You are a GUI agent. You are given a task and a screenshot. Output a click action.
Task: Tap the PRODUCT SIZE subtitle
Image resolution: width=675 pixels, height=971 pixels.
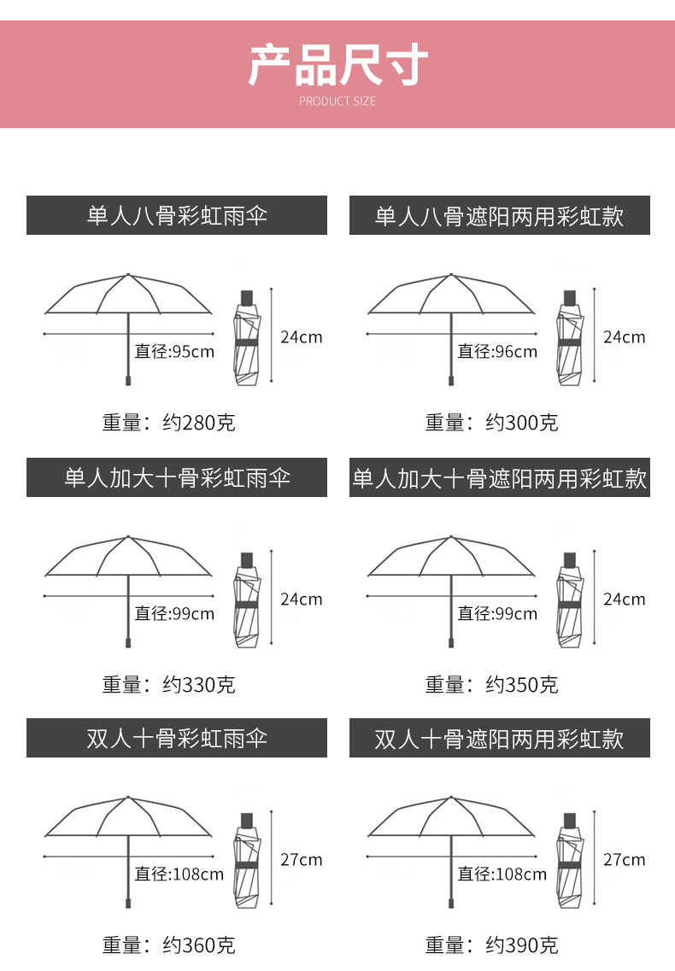pyautogui.click(x=337, y=102)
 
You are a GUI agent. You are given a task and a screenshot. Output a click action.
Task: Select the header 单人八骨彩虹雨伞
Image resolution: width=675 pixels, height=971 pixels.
pyautogui.click(x=177, y=215)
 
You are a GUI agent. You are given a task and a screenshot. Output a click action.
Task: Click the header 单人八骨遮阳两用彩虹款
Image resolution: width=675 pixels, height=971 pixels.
pyautogui.click(x=500, y=215)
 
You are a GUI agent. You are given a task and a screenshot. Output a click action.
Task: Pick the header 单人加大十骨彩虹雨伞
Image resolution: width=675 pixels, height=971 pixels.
pyautogui.click(x=177, y=477)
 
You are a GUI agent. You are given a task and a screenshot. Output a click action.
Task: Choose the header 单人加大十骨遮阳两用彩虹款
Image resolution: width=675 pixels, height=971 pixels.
pyautogui.click(x=500, y=477)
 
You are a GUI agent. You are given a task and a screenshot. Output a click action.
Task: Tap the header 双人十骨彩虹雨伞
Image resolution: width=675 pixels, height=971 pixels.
pyautogui.click(x=177, y=738)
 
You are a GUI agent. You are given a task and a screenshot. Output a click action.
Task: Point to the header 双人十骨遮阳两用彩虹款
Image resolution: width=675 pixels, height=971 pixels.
pyautogui.click(x=500, y=738)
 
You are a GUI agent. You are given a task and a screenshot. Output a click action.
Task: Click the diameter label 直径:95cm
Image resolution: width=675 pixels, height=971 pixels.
pyautogui.click(x=174, y=351)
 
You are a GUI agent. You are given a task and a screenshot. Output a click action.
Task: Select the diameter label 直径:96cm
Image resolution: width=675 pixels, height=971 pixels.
pyautogui.click(x=497, y=351)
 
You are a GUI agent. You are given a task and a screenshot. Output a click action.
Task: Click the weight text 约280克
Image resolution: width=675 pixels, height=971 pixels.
pyautogui.click(x=198, y=422)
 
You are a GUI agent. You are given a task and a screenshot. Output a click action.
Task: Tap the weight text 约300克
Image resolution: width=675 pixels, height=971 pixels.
pyautogui.click(x=521, y=422)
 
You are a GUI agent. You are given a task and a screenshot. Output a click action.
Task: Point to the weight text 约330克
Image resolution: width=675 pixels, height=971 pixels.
pyautogui.click(x=198, y=684)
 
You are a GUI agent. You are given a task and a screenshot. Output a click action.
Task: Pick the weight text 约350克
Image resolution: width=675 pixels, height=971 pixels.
pyautogui.click(x=521, y=684)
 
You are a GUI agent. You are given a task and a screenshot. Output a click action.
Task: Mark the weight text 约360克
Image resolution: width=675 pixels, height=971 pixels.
pyautogui.click(x=198, y=945)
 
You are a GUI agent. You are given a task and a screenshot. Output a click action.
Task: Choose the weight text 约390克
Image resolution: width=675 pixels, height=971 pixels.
pyautogui.click(x=521, y=945)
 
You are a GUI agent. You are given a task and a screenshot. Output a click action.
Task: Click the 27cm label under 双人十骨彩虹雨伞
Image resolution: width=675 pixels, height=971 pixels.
pyautogui.click(x=302, y=860)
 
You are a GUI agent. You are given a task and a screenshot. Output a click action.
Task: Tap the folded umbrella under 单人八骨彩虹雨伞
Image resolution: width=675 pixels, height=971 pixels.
pyautogui.click(x=247, y=336)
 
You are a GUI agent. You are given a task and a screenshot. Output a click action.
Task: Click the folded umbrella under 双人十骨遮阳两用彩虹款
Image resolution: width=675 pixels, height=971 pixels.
pyautogui.click(x=570, y=859)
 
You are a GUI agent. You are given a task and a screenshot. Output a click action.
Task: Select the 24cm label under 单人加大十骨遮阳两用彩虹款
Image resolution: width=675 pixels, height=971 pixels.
pyautogui.click(x=625, y=599)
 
